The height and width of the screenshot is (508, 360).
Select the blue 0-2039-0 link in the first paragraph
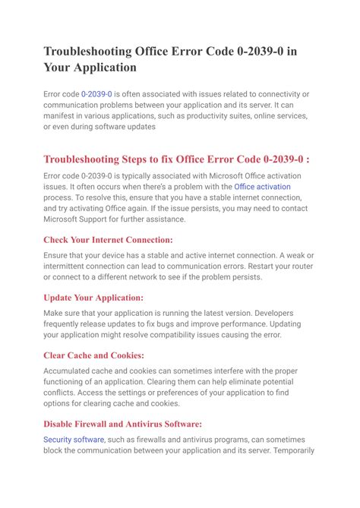(x=98, y=93)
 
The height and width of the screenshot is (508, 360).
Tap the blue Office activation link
(x=262, y=186)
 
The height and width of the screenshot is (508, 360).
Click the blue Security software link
(x=74, y=440)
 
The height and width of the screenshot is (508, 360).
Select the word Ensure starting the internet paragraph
(x=58, y=255)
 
